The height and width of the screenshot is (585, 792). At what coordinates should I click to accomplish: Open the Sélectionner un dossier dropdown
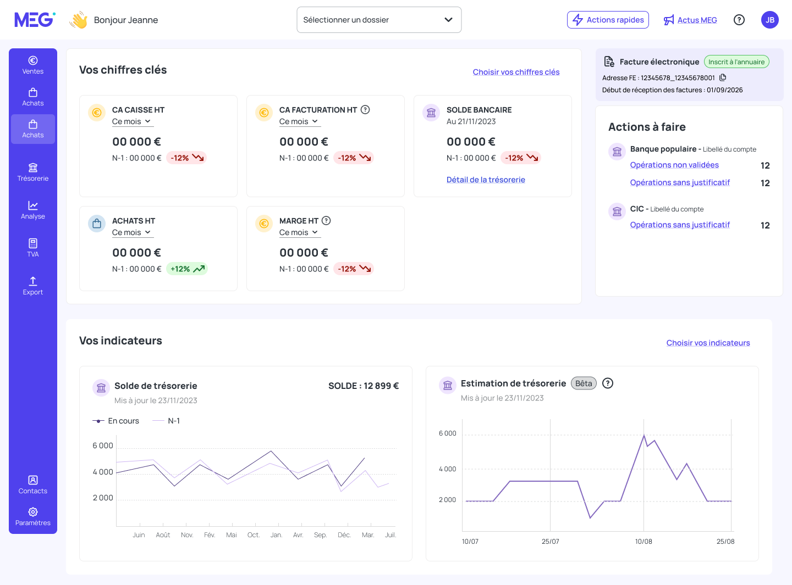(378, 20)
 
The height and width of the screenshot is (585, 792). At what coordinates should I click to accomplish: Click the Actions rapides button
(608, 20)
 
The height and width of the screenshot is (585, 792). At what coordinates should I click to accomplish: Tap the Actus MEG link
(697, 20)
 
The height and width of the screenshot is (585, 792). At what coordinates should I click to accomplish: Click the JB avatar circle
(769, 20)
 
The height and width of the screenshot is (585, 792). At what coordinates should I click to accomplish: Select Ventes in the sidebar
(33, 65)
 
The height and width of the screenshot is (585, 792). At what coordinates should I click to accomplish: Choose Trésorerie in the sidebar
(33, 172)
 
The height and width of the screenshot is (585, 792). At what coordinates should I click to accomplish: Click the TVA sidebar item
(33, 248)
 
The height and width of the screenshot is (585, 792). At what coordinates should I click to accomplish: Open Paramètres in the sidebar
(33, 516)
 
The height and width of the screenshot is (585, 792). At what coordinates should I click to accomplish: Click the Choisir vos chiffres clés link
(516, 72)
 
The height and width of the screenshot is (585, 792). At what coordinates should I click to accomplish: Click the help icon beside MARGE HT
(326, 221)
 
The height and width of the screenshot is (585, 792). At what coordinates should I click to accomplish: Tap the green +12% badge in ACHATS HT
(187, 269)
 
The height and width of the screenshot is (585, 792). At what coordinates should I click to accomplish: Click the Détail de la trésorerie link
(486, 180)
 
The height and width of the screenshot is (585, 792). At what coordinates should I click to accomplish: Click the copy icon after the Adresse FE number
(723, 77)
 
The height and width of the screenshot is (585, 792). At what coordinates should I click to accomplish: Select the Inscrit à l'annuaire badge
(736, 62)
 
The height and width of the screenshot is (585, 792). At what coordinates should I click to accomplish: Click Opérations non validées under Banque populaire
(674, 165)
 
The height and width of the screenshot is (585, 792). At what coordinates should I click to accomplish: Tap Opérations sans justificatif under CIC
(679, 225)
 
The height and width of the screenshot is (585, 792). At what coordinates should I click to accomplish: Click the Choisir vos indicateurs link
(708, 343)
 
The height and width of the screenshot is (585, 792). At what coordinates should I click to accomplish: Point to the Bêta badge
(584, 383)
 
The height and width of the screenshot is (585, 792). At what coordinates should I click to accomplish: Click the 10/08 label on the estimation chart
(643, 542)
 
